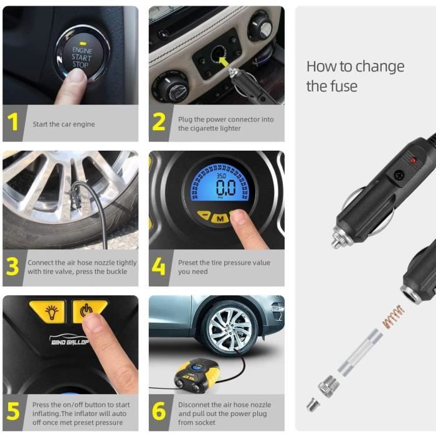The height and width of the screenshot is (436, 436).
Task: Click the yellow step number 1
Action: (x=12, y=122)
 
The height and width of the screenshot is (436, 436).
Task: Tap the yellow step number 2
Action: (x=159, y=122)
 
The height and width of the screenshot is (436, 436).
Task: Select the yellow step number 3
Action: (x=12, y=266)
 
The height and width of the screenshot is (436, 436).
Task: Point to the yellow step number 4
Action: (x=159, y=266)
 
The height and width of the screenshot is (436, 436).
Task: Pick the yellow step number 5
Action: (x=13, y=410)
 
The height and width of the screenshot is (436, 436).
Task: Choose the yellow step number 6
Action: (x=159, y=410)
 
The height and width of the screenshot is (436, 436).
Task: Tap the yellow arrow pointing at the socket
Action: (x=223, y=61)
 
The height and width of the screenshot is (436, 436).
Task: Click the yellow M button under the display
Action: (x=220, y=218)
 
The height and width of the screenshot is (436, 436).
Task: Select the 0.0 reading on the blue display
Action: (x=225, y=187)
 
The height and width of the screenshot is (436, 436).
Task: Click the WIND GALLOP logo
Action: (x=69, y=340)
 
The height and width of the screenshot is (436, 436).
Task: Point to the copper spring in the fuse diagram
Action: (x=392, y=316)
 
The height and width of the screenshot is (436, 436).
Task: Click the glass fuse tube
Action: (x=360, y=352)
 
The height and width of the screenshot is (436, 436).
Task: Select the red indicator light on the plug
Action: (x=414, y=161)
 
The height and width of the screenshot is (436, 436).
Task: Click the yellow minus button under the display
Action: (x=204, y=215)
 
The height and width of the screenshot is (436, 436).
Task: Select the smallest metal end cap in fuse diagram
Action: (x=313, y=405)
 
